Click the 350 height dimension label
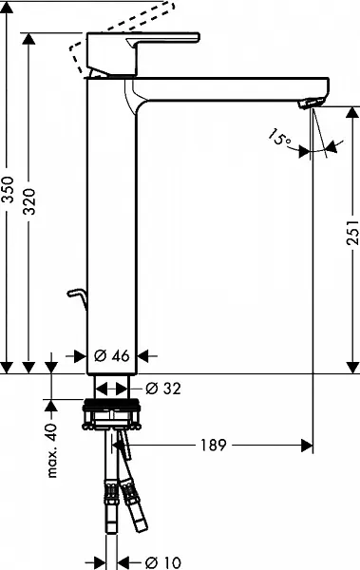[8, 190]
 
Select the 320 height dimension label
[29, 201]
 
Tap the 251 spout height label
[352, 232]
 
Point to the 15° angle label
[279, 138]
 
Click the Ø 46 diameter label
[112, 356]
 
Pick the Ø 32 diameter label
[163, 389]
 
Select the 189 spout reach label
[214, 445]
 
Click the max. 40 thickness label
[51, 450]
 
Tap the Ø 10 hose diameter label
[163, 562]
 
